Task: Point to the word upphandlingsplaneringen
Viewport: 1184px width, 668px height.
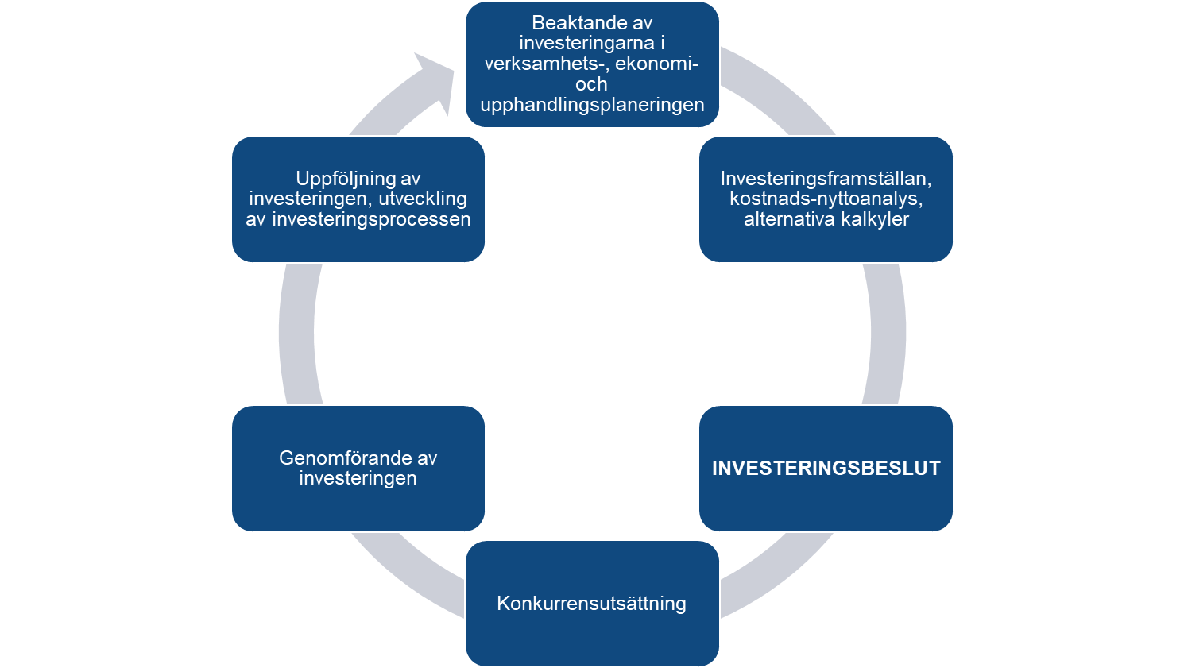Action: [x=592, y=105]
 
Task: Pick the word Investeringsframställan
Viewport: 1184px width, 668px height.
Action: [x=826, y=179]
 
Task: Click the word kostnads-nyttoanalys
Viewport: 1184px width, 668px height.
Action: [x=826, y=199]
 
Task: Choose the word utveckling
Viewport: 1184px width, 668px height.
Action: [x=423, y=199]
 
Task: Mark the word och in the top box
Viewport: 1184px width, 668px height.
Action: [x=592, y=84]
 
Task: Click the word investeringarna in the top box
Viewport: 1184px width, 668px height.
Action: [x=586, y=44]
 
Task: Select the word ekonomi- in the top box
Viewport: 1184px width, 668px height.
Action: [x=656, y=64]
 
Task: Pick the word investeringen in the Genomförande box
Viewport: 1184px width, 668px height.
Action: [x=358, y=478]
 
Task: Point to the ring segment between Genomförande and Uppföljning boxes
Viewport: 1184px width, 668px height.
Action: [x=297, y=334]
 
